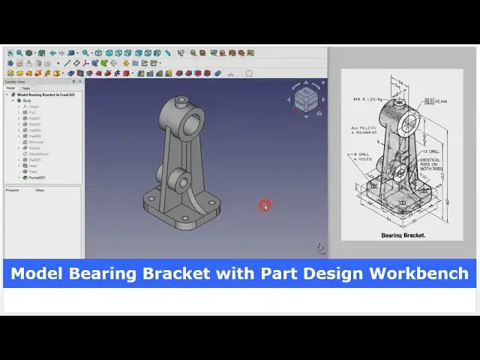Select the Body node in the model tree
point(28,100)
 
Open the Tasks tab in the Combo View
point(26,88)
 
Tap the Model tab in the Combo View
point(10,88)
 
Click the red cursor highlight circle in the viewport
point(265,205)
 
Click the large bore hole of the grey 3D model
point(192,118)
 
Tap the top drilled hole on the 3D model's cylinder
point(180,99)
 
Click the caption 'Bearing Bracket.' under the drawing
point(403,235)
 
